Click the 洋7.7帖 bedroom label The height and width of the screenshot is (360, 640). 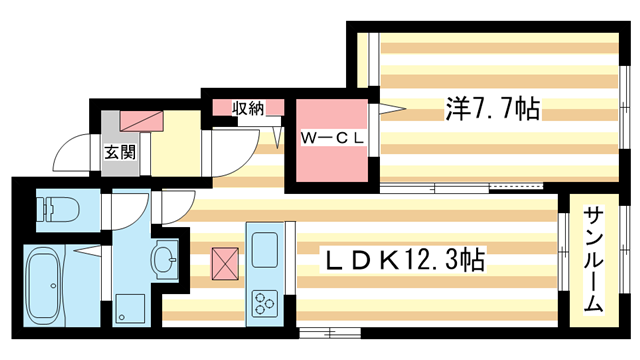[x=492, y=108]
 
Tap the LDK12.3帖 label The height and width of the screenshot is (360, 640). [x=406, y=261]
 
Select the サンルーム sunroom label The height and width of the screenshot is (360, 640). [x=593, y=260]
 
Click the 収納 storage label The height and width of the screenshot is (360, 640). [x=249, y=108]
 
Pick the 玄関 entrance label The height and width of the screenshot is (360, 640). [x=119, y=153]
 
